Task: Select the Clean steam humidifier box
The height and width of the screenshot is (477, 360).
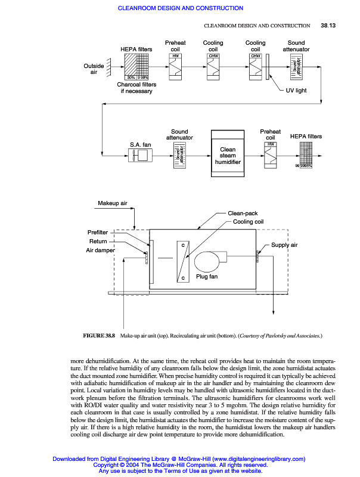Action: tap(228, 156)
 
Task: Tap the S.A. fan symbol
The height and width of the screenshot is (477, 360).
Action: tap(141, 156)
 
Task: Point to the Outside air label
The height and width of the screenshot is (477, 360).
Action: tap(94, 69)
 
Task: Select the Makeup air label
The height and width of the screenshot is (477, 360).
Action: tap(113, 204)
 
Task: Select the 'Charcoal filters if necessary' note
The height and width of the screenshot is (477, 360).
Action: tap(135, 88)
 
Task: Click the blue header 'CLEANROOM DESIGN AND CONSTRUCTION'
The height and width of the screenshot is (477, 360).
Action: tap(181, 8)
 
